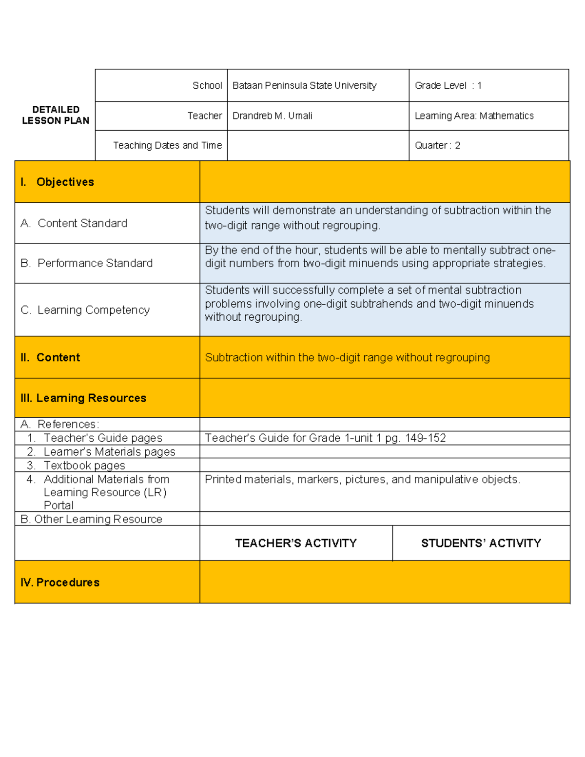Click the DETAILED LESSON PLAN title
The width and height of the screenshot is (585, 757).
pyautogui.click(x=56, y=115)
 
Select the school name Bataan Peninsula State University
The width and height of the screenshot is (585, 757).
pyautogui.click(x=304, y=85)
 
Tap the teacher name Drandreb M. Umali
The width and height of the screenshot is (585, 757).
pyautogui.click(x=272, y=116)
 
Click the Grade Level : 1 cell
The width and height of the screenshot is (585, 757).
pyautogui.click(x=448, y=85)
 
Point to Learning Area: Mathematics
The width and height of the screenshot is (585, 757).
pyautogui.click(x=474, y=116)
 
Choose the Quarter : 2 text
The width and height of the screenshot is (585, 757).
pyautogui.click(x=437, y=145)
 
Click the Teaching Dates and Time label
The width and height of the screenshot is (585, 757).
pyautogui.click(x=167, y=145)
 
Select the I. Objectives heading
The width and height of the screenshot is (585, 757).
pyautogui.click(x=58, y=182)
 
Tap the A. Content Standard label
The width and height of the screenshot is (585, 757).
pyautogui.click(x=74, y=223)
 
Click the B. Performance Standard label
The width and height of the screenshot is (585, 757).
pyautogui.click(x=87, y=263)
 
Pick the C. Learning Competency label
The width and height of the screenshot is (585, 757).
pyautogui.click(x=85, y=310)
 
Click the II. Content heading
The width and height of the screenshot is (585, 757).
pyautogui.click(x=50, y=357)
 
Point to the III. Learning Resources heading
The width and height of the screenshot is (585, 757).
pyautogui.click(x=83, y=398)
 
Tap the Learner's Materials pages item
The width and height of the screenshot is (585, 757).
pyautogui.click(x=109, y=452)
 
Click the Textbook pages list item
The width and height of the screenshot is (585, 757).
pyautogui.click(x=84, y=466)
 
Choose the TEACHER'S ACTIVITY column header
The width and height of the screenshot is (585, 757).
pyautogui.click(x=296, y=543)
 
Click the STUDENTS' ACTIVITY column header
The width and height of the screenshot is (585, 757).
pyautogui.click(x=481, y=543)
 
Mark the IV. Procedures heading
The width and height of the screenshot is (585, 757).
pyautogui.click(x=60, y=582)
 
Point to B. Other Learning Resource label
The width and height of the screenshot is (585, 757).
pyautogui.click(x=91, y=519)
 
